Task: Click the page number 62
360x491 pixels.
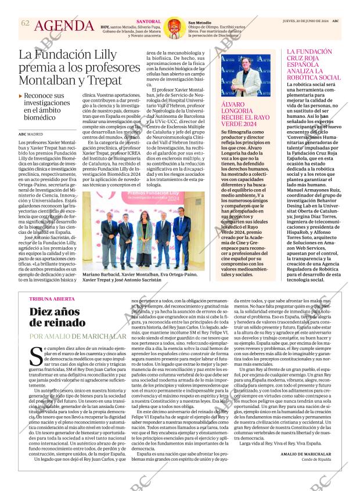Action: click(x=24, y=23)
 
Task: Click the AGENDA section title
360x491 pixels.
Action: click(x=64, y=26)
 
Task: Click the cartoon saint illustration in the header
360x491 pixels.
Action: click(x=171, y=27)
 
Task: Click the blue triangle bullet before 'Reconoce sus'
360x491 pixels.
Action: click(x=21, y=95)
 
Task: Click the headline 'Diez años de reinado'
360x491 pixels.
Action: click(x=59, y=318)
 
